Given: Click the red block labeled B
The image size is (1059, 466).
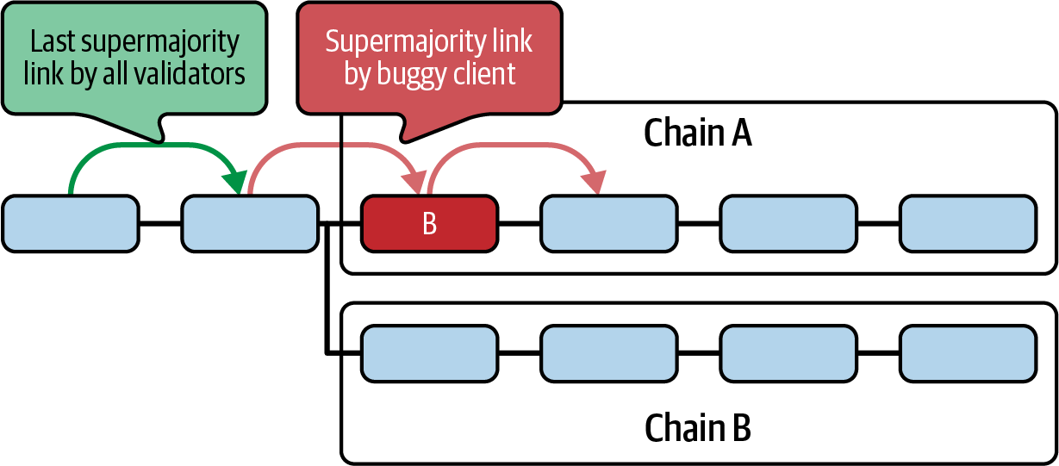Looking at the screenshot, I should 429,224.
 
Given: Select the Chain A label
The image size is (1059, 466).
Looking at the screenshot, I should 697,134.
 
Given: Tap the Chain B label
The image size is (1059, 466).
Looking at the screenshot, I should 697,427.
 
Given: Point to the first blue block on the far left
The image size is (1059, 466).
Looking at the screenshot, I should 70,224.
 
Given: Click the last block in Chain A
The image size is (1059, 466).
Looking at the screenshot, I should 968,224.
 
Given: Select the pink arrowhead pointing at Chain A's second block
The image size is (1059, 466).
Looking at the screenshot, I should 594,183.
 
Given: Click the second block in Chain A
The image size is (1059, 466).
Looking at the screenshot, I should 608,224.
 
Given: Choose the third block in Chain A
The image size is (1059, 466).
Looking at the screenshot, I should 788,224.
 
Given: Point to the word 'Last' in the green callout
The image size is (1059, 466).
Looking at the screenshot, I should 53,41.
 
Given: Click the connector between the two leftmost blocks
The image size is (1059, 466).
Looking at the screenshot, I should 159,224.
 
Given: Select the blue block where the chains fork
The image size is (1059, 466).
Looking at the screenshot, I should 250,224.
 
